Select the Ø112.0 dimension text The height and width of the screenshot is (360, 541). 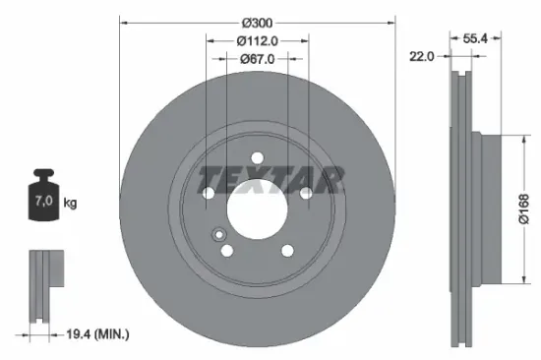coord(257,40)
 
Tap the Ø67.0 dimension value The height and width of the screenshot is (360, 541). coord(257,59)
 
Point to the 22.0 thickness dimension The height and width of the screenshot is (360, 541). coord(422,57)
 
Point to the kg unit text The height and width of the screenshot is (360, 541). coord(70,203)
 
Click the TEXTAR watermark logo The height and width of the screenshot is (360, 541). coord(270,179)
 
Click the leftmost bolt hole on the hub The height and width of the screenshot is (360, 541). coord(209,193)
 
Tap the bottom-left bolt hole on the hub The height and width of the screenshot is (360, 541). coord(227,250)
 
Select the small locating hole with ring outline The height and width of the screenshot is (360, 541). coord(218,234)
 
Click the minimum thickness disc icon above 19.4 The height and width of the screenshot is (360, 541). coord(43,285)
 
